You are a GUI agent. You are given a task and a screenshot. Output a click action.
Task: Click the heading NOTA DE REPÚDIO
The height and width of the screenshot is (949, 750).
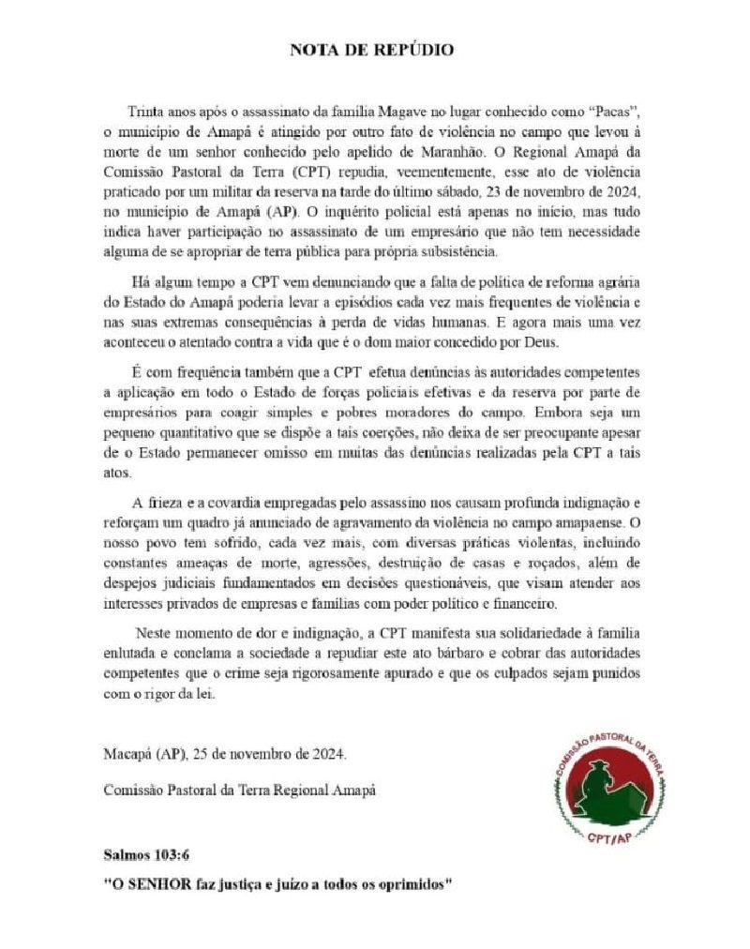[x=374, y=49]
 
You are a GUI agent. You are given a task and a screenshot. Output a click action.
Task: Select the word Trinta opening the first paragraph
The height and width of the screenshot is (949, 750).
[x=146, y=111]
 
